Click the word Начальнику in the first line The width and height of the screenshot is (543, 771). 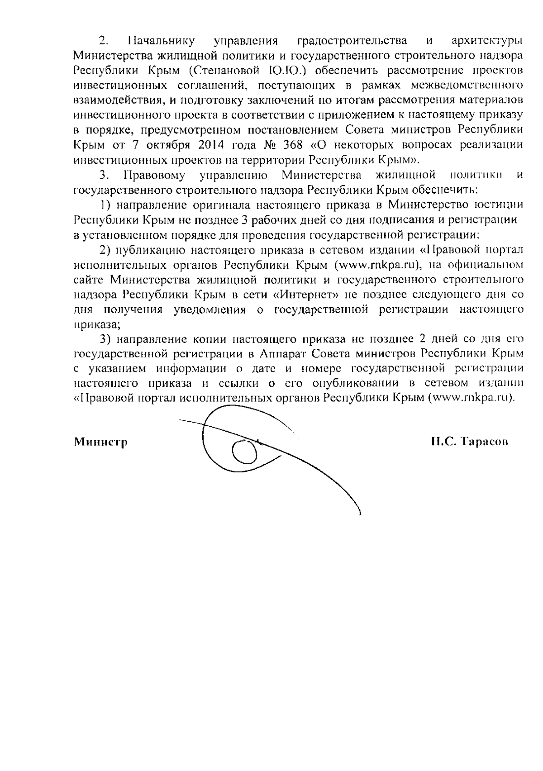coord(162,41)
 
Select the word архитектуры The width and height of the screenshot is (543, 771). coord(487,41)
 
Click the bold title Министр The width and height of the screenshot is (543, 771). coord(100,442)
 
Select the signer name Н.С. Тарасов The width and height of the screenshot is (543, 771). coord(470,442)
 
